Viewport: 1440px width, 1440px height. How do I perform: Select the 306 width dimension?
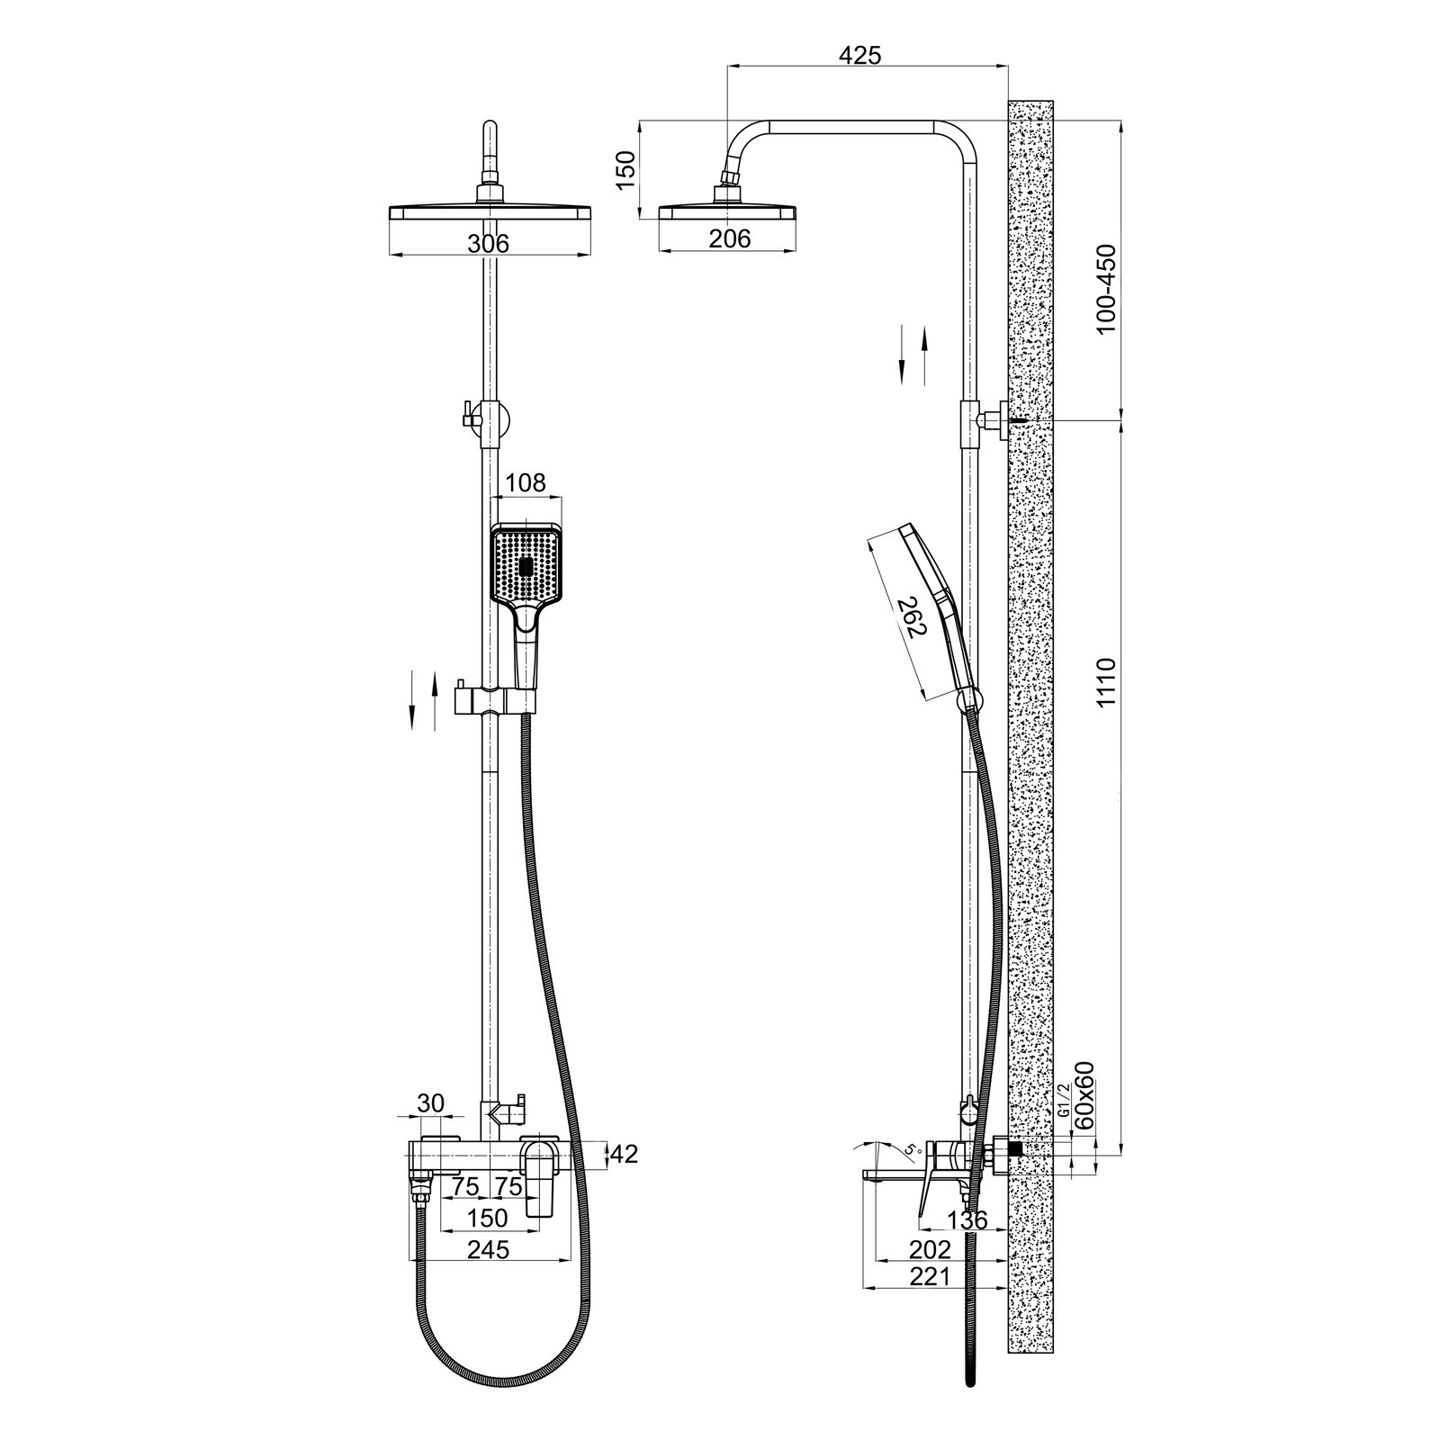click(490, 243)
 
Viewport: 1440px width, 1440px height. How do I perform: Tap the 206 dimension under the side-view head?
click(730, 238)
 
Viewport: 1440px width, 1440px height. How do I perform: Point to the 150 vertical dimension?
click(625, 170)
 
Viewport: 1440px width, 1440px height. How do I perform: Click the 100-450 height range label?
click(1106, 289)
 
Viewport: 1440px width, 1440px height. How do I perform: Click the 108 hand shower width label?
click(526, 483)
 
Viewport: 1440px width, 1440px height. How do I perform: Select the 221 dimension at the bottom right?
click(931, 1276)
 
